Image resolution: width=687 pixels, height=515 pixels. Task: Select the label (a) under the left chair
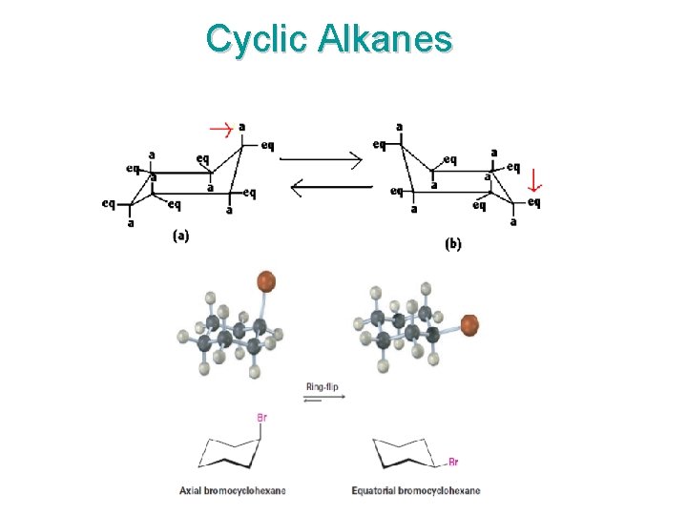[180, 237]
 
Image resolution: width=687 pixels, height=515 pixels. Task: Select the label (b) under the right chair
[453, 244]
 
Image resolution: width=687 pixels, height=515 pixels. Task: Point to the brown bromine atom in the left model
[266, 281]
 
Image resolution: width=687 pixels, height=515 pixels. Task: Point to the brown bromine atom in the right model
[469, 324]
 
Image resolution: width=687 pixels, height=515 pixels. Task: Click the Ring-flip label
[322, 387]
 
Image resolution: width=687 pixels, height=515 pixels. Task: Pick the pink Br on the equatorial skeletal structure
[453, 463]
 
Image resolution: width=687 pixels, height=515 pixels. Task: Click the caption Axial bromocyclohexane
[233, 491]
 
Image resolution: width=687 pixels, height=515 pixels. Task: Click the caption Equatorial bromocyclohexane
[416, 491]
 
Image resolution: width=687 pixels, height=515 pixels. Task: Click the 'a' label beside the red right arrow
[242, 125]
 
